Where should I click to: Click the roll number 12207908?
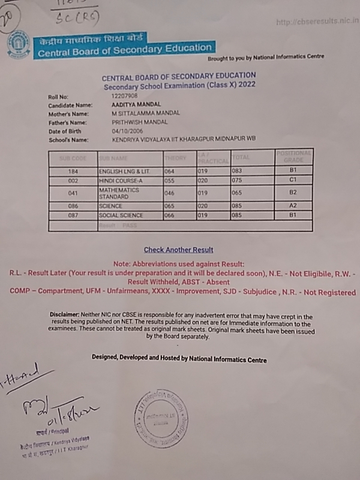(x=124, y=95)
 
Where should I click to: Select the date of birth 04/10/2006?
(x=125, y=131)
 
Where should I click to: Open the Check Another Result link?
(x=178, y=250)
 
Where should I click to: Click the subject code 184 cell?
(x=73, y=170)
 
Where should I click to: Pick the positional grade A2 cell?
(x=293, y=205)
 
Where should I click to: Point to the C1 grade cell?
(x=293, y=179)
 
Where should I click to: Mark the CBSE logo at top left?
(x=17, y=46)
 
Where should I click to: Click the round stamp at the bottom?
(x=160, y=418)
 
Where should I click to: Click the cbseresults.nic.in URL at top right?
(x=317, y=22)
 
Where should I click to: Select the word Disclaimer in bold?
(x=65, y=316)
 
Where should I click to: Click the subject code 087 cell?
(x=73, y=215)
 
